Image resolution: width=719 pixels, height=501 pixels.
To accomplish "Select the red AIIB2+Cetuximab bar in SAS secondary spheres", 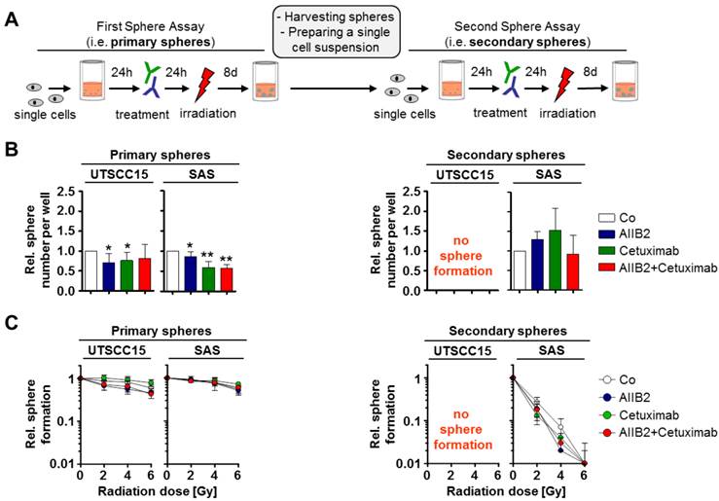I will point(573,272).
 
